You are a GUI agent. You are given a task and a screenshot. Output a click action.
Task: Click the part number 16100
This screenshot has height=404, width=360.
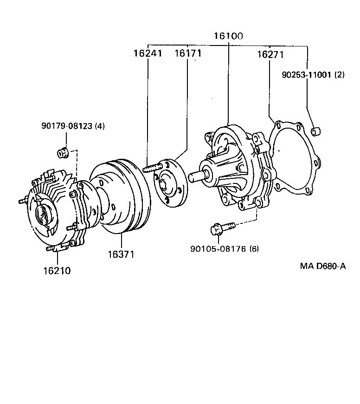[x=229, y=36]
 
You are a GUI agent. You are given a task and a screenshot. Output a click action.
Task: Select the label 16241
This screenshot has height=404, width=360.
[x=148, y=53]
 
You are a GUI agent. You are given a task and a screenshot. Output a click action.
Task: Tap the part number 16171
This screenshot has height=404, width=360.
[x=187, y=53]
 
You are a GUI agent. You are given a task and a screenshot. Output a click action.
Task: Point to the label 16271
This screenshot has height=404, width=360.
[x=270, y=55]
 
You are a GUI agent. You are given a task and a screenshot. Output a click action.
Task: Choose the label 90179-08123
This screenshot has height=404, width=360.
[x=67, y=126]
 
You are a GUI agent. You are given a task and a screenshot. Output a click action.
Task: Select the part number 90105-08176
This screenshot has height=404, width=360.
[x=218, y=248]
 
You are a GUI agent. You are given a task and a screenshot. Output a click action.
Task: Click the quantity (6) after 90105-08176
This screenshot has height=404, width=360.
[x=254, y=248]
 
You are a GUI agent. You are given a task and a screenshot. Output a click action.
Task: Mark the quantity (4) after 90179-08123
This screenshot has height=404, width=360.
[x=100, y=126]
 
